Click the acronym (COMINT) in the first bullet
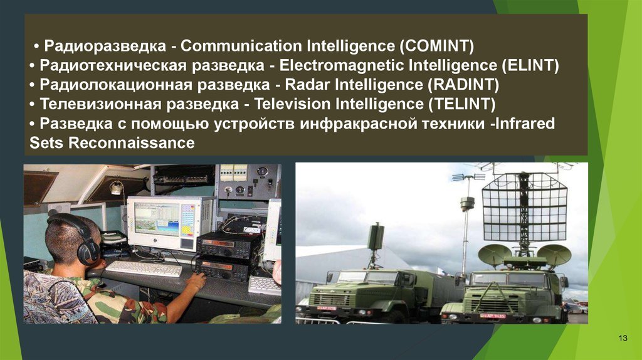click(x=436, y=46)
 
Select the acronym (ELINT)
click(x=530, y=65)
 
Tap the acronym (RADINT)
click(x=463, y=85)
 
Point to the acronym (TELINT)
click(x=462, y=104)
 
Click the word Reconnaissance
click(x=132, y=143)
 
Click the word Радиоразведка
click(x=105, y=46)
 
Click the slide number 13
click(x=623, y=338)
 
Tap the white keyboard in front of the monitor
click(x=144, y=268)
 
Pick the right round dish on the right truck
click(x=554, y=255)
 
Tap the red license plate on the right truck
click(x=493, y=315)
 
